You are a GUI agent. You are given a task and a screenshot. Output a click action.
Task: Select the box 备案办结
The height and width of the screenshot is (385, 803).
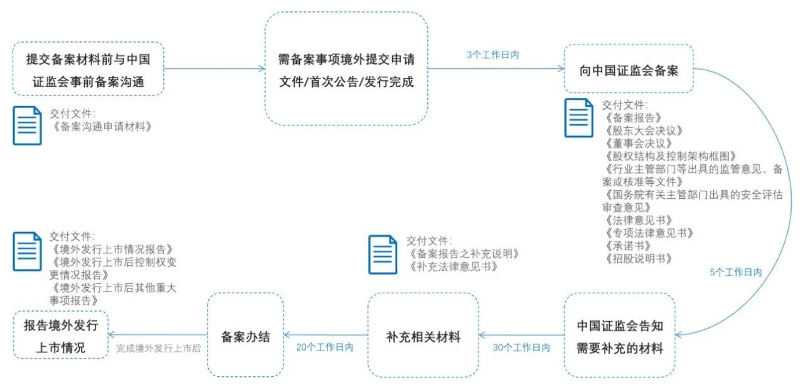[245, 336]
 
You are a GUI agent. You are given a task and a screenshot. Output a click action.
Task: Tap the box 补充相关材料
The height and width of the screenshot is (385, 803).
[423, 337]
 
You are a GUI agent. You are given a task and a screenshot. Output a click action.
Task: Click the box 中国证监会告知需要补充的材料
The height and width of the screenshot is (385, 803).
[619, 337]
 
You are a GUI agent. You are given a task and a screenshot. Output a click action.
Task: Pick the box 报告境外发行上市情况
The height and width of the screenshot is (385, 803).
[61, 337]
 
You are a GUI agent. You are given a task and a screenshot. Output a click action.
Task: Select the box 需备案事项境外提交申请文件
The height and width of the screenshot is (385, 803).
[346, 69]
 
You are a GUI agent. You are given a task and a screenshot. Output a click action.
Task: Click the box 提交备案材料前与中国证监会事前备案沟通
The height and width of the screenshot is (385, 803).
[88, 69]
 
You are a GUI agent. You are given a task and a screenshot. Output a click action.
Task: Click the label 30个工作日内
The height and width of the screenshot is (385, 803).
[522, 347]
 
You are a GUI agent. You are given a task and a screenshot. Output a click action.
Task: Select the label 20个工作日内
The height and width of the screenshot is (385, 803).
[325, 347]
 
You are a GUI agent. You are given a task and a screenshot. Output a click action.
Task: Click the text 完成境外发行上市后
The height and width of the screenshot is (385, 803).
[158, 347]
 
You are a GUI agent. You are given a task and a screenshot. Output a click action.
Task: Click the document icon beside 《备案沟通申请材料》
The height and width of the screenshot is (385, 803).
[28, 125]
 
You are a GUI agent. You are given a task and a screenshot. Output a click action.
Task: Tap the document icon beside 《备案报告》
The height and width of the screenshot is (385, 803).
[578, 117]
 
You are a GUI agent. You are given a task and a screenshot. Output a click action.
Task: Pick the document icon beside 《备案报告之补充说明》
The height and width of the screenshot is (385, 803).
[383, 254]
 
